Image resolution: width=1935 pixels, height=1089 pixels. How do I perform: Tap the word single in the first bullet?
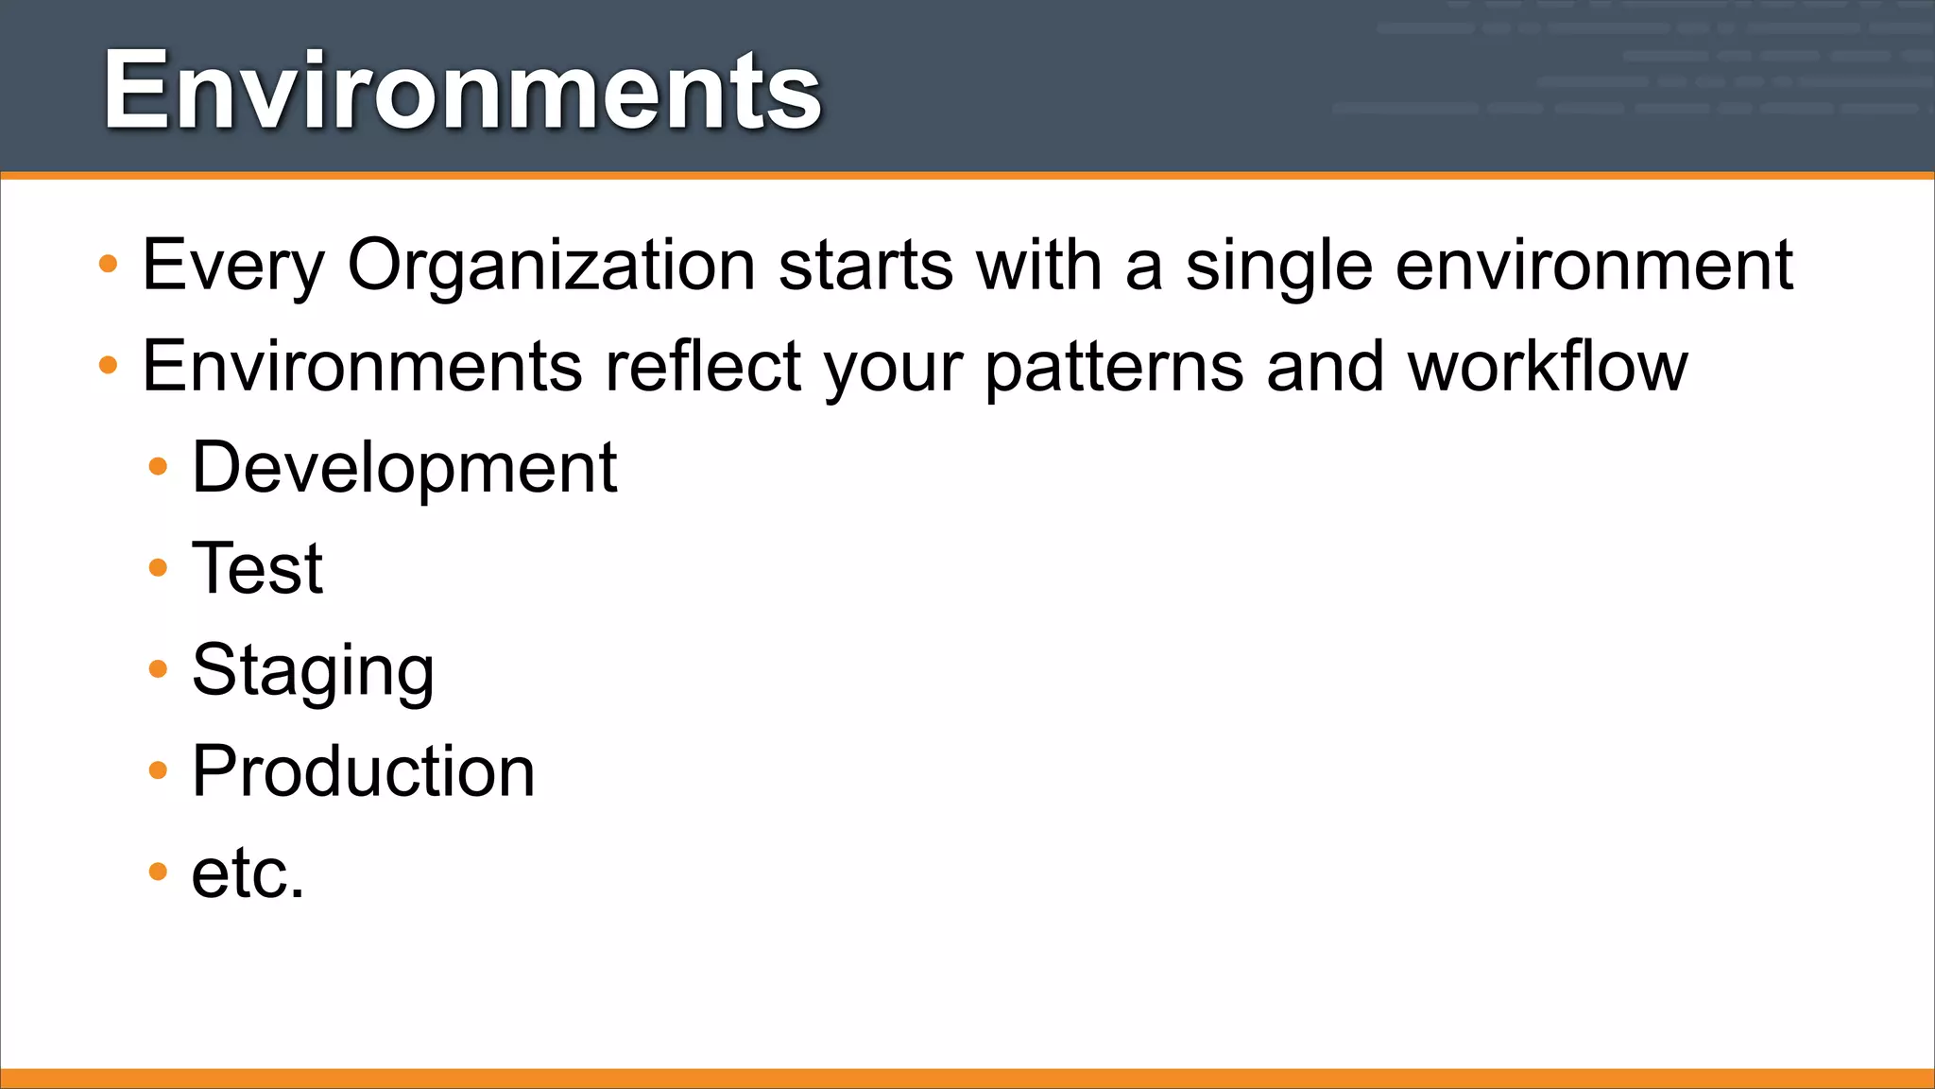(1277, 266)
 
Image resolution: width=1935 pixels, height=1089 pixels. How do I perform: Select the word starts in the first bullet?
(865, 266)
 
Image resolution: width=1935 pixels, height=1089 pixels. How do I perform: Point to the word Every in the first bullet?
(233, 266)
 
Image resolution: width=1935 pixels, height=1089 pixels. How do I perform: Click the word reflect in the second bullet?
(703, 367)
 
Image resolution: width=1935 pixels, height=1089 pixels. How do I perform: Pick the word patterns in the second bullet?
(1114, 367)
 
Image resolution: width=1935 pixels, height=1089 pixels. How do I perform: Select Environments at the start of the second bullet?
(362, 367)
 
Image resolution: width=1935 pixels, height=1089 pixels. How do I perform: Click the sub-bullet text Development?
(404, 468)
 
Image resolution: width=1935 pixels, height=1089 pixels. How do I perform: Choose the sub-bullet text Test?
(257, 569)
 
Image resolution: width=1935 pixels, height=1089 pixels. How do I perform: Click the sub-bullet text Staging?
(313, 670)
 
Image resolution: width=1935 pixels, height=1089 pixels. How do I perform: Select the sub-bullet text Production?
(363, 771)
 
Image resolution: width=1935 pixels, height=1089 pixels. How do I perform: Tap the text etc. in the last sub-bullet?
(248, 873)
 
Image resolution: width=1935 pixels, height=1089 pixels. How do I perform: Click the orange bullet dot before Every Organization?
(109, 264)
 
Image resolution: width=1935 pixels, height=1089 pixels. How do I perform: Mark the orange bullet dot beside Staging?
(158, 669)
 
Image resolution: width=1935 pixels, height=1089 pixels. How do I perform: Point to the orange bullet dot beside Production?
(158, 770)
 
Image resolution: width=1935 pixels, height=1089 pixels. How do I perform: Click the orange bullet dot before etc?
(158, 872)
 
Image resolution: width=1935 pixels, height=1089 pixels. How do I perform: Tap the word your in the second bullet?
(893, 367)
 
